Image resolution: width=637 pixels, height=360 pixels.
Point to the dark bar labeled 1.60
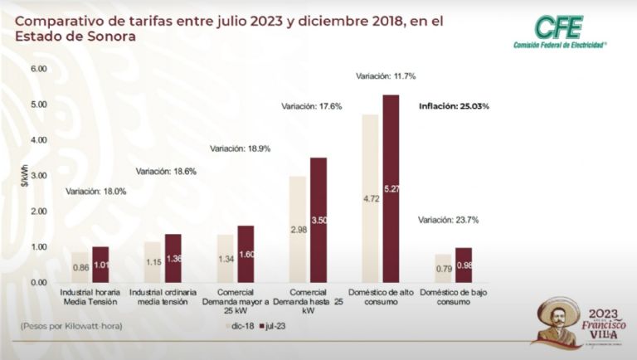pyautogui.click(x=246, y=254)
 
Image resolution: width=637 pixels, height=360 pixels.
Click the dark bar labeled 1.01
pyautogui.click(x=100, y=265)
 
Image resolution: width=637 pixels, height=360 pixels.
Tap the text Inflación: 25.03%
pyautogui.click(x=454, y=106)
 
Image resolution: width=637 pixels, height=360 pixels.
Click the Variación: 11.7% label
pyautogui.click(x=386, y=76)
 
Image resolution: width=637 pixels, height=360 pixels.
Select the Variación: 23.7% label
pyautogui.click(x=448, y=220)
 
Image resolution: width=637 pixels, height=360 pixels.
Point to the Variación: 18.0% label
pyautogui.click(x=95, y=192)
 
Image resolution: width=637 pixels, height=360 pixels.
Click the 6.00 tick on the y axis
pyautogui.click(x=39, y=69)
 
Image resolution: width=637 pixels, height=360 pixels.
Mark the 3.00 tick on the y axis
pyautogui.click(x=39, y=176)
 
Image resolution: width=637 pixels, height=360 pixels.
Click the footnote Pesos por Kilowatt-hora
pyautogui.click(x=71, y=326)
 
